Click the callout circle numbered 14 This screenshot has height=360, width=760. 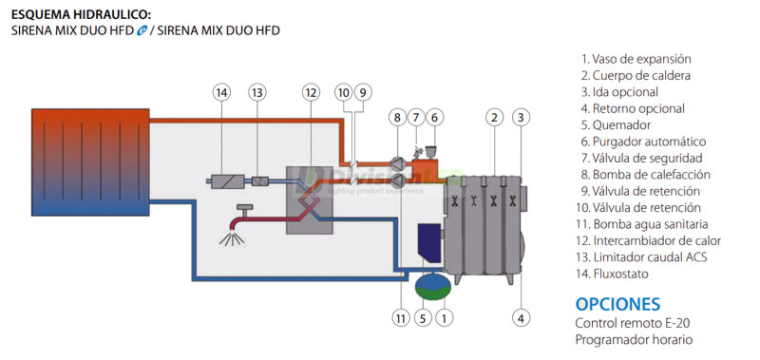point(221,92)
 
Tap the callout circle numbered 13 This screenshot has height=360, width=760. point(257,92)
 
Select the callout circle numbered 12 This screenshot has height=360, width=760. point(310,92)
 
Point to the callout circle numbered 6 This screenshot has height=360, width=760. point(434,118)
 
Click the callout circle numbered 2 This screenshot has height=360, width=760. point(493,118)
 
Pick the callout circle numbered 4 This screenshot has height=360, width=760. point(520,318)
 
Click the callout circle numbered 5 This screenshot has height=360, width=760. point(424,318)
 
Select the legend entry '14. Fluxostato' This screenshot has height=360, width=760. point(617,275)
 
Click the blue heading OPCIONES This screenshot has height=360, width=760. point(617,304)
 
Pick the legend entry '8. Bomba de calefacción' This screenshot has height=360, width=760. point(645,175)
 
